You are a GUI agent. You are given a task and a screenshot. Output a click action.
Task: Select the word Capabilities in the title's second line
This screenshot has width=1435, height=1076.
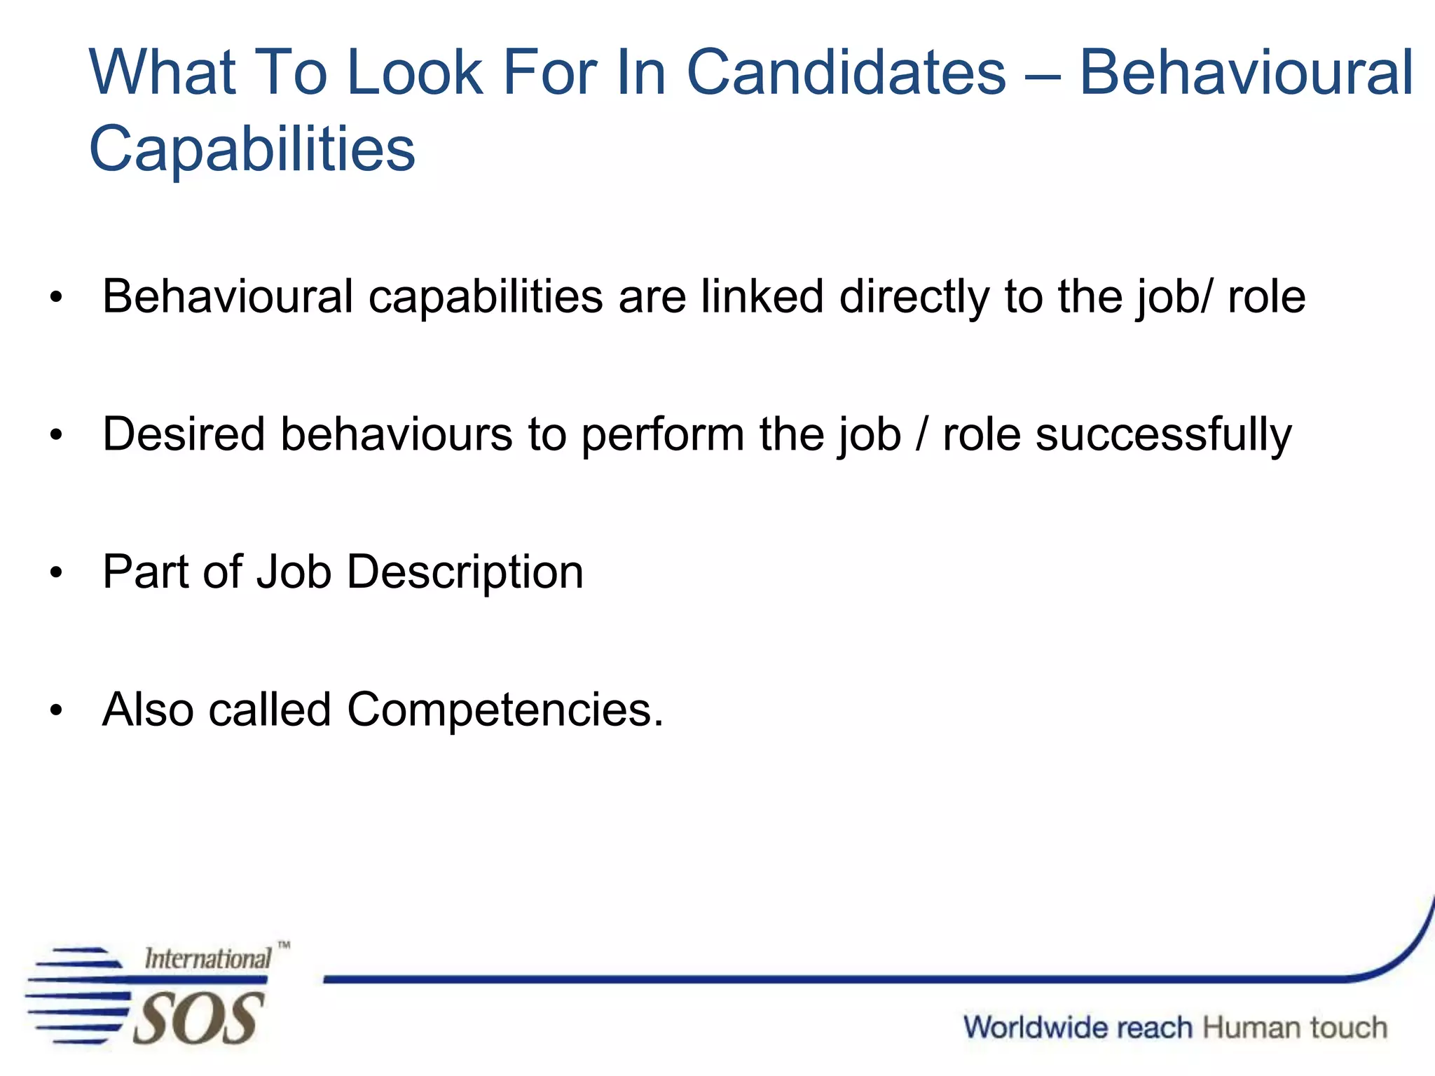(252, 149)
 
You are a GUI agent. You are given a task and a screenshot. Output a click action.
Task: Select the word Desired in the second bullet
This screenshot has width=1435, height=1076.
(184, 434)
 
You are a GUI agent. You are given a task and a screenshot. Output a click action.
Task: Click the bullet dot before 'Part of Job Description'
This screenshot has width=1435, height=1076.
(56, 573)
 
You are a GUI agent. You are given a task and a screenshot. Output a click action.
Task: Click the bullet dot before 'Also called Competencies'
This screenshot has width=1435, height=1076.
(56, 711)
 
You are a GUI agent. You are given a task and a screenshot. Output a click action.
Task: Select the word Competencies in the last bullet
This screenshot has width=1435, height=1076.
(504, 710)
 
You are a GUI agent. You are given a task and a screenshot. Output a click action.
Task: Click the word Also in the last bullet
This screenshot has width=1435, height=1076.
(148, 710)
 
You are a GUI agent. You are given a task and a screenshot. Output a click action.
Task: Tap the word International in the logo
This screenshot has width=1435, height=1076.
(207, 958)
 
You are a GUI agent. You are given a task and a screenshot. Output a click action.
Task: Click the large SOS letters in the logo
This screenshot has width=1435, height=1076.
(198, 1019)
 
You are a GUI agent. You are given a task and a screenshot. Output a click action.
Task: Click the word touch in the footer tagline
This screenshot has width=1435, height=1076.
(1348, 1028)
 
